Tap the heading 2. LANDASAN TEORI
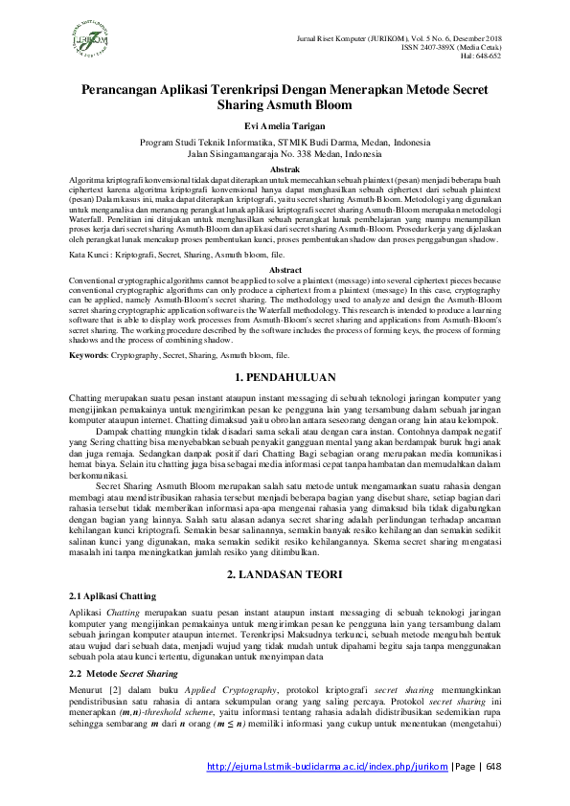click(x=285, y=577)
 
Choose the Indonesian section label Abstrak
click(x=285, y=168)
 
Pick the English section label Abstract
click(x=285, y=271)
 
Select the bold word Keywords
click(x=89, y=354)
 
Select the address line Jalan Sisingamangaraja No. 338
click(x=285, y=152)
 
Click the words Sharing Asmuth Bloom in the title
click(x=285, y=105)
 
